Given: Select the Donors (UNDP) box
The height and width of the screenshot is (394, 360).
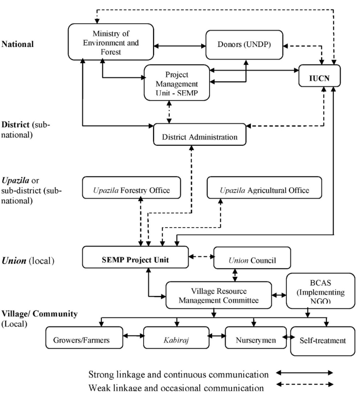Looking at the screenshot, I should pyautogui.click(x=244, y=45).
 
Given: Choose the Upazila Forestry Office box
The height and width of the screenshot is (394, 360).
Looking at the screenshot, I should pyautogui.click(x=131, y=190).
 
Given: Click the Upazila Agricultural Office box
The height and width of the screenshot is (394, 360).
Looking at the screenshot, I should pyautogui.click(x=264, y=190).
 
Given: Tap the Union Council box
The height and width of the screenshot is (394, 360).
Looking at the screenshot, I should pyautogui.click(x=252, y=260).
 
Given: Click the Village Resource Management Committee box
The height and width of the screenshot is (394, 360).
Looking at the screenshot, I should pyautogui.click(x=219, y=296).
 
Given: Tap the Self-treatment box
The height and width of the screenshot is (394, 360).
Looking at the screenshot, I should pyautogui.click(x=323, y=340).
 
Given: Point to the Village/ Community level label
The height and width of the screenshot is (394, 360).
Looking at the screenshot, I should pyautogui.click(x=39, y=317).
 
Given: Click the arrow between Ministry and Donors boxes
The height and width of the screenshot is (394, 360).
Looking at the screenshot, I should pyautogui.click(x=179, y=46).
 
